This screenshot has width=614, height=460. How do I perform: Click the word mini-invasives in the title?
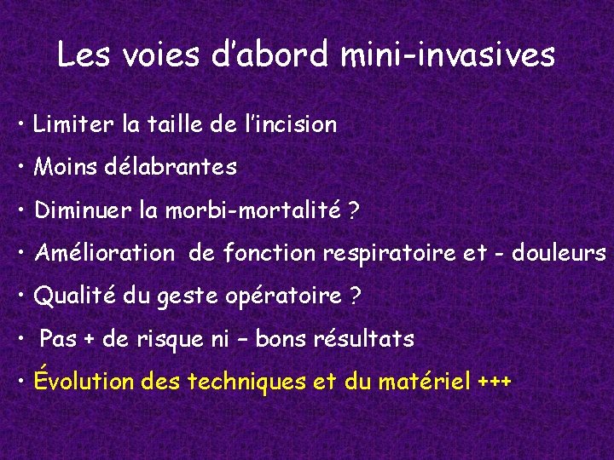tap(447, 55)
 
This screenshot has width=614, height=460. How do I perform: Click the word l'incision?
tap(290, 125)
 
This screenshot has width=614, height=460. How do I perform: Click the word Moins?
tap(62, 168)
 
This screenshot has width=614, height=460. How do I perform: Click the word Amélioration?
tap(103, 253)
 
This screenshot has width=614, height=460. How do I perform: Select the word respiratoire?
tap(389, 253)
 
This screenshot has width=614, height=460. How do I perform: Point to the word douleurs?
tap(559, 253)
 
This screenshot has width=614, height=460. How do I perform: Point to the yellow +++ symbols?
tap(495, 382)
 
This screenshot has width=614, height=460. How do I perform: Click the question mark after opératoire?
tap(356, 296)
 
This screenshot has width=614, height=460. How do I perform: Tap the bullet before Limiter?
tap(20, 125)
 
